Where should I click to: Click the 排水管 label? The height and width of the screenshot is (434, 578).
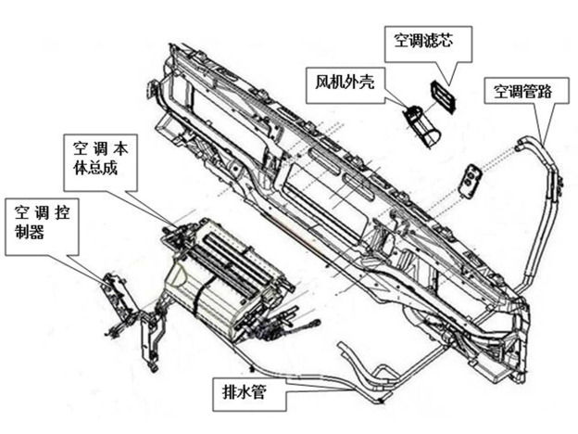245,392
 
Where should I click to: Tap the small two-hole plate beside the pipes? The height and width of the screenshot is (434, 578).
472,179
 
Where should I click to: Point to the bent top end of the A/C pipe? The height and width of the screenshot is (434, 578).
524,140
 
